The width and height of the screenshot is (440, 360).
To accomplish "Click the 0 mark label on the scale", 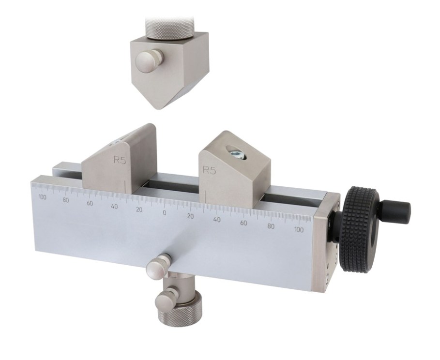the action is (165, 213).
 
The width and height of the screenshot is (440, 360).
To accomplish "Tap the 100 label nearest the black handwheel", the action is (299, 229).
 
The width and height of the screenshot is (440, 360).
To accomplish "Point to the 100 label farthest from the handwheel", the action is (43, 197).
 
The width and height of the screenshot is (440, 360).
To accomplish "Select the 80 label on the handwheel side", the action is (271, 226).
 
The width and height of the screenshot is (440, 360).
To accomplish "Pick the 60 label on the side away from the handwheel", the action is (90, 203).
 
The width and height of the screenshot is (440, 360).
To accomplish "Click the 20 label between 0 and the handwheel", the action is (191, 216).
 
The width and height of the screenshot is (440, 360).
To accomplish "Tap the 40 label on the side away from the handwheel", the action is (114, 207).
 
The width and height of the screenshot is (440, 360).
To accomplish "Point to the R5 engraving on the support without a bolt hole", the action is (120, 160).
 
